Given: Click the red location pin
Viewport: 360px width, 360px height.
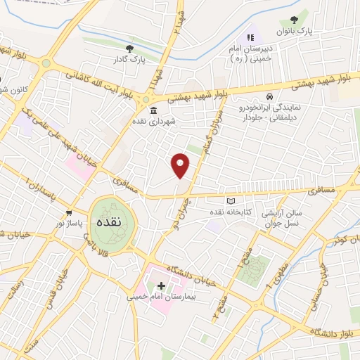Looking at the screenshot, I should click(181, 165).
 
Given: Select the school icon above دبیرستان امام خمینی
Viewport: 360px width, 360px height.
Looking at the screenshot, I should click(248, 37).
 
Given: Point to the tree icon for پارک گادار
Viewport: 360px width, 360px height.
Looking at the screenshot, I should click(129, 49).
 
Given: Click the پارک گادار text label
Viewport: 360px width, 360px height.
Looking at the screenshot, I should click(129, 60).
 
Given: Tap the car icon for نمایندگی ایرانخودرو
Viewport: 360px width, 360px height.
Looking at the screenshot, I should click(269, 96).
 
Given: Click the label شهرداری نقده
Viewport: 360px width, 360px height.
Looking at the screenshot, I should click(154, 121).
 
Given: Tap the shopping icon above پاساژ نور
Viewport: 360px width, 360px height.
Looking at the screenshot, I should click(69, 212).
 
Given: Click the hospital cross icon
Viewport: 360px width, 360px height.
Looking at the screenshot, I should click(162, 285).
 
